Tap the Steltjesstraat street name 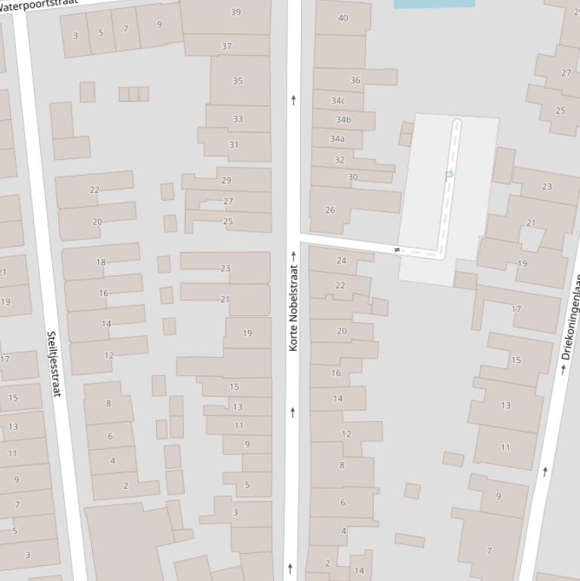pos(53,364)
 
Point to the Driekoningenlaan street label pos(571,317)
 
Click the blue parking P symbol pos(449,176)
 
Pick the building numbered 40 pos(343,18)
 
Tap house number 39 pos(236,12)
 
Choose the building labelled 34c pos(338,101)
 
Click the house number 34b pos(343,120)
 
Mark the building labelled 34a pos(337,139)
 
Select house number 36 pos(355,80)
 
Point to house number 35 pos(238,81)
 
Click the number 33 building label pos(238,119)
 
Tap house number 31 pos(234,146)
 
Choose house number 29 pos(226,180)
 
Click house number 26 pos(330,210)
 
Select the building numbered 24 pos(341,261)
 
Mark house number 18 pos(101,263)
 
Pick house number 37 pos(226,46)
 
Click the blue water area pos(434,3)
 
